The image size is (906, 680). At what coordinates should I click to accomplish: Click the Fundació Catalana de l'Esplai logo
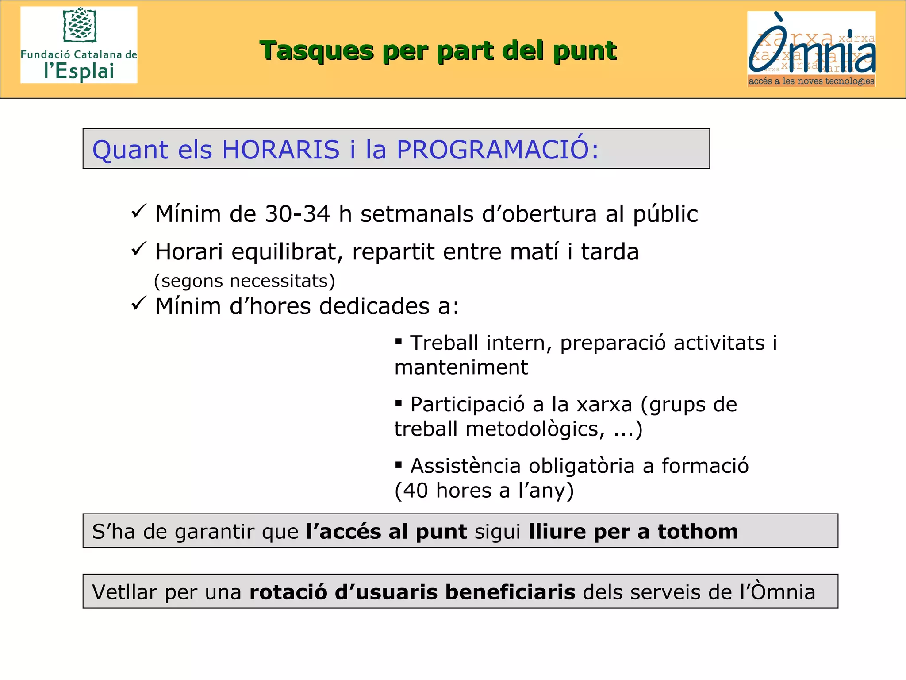pos(79,45)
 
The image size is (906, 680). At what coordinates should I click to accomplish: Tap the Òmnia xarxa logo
pos(811,49)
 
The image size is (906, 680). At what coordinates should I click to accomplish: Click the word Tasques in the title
pos(316,50)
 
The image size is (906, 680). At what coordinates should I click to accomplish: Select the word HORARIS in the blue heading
pos(281,150)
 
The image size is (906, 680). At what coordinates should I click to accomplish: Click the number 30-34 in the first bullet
pos(297,214)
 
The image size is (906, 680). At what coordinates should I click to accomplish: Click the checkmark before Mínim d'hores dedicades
pos(138,304)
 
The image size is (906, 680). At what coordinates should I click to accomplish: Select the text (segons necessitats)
pos(245,281)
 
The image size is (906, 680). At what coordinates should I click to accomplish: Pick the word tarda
pos(610,252)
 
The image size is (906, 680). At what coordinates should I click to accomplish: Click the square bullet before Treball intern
pos(399,341)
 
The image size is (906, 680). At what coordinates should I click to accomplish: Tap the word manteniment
pos(461,367)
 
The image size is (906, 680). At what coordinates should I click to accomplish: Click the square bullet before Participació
pos(399,403)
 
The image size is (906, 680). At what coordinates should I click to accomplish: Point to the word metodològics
pos(535,429)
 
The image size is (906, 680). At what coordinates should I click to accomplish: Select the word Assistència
pos(465,466)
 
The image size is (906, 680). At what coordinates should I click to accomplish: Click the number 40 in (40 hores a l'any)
pos(415,491)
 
